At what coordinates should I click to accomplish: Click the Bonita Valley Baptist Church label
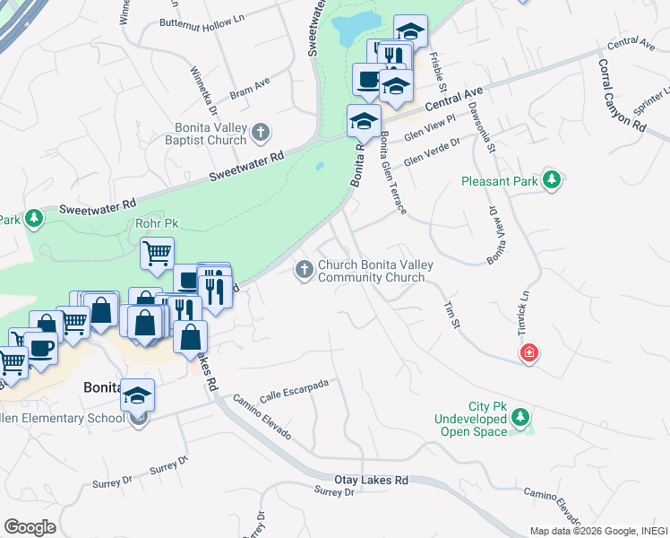[206, 134]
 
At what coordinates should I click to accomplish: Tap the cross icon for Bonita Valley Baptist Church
[261, 134]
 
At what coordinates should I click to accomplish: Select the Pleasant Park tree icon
[552, 180]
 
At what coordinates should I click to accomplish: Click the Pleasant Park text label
[499, 181]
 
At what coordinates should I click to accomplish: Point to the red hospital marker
[530, 353]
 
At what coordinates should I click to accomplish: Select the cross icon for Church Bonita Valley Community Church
[305, 269]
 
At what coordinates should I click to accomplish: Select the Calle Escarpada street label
[295, 391]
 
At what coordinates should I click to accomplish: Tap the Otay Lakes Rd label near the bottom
[371, 481]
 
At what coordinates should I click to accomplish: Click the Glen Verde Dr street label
[432, 152]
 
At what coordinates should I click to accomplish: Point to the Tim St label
[451, 314]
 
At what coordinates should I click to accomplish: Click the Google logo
[30, 527]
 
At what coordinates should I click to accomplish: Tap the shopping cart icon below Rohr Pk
[157, 254]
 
